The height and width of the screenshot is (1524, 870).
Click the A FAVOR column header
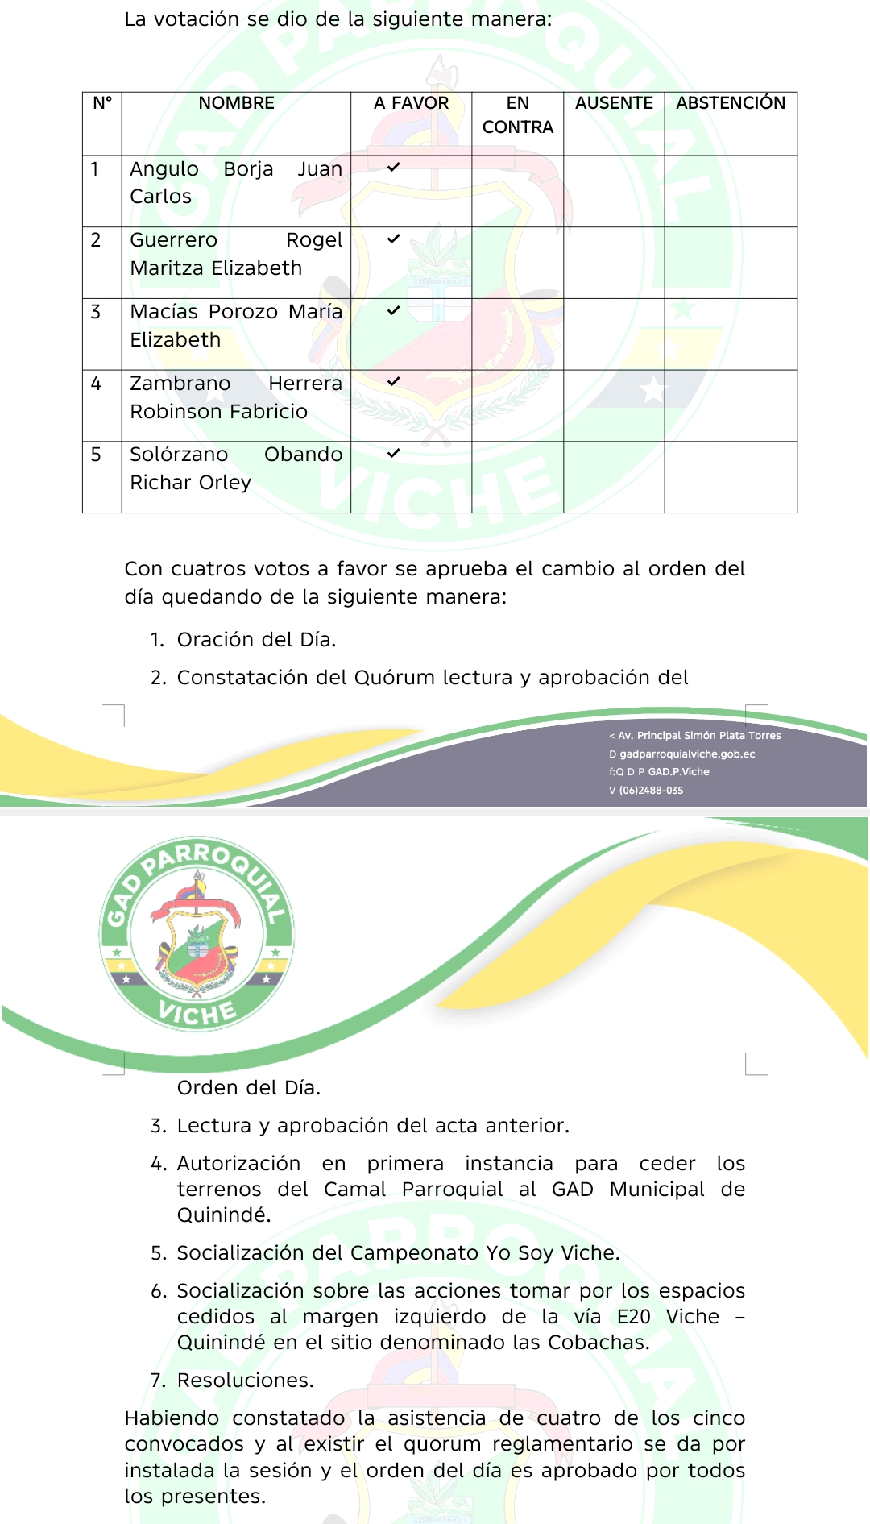coord(411,103)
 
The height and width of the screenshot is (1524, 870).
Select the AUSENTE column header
coord(614,103)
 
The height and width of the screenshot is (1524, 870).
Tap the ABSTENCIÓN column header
coord(731,103)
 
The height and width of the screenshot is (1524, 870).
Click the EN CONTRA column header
coord(517,115)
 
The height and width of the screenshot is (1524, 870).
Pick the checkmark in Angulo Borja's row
coord(393,168)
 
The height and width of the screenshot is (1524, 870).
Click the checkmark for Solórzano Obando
coord(393,454)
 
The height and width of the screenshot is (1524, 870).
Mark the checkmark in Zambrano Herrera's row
coord(393,382)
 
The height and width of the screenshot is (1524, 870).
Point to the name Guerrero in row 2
coord(173,240)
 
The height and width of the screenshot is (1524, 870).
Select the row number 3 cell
coord(96,312)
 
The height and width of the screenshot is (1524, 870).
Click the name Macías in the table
coord(164,312)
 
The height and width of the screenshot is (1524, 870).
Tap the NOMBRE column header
coord(236,103)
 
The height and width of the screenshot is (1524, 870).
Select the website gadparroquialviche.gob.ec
coord(687,754)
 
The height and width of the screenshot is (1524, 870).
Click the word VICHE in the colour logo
coord(197,1012)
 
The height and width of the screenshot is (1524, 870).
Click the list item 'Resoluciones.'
coord(245,1381)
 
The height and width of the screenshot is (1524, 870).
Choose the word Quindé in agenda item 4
coord(223,1215)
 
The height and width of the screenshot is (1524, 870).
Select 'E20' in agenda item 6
coord(633,1317)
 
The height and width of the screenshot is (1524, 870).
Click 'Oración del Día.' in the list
coord(256,640)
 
